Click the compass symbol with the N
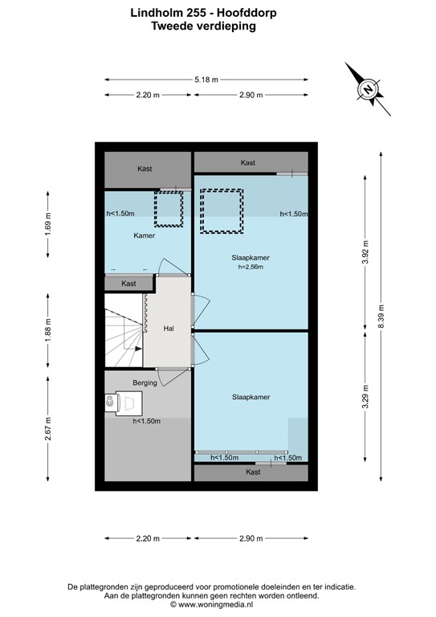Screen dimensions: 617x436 pos(368,89)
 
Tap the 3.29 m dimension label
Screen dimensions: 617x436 pos(365,399)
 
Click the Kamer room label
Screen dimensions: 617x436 pos(145,236)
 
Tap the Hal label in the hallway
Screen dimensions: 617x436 pos(169,329)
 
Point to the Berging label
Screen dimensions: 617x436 pos(145,383)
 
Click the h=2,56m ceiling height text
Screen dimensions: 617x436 pos(251,267)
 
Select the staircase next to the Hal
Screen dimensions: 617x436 pos(124,329)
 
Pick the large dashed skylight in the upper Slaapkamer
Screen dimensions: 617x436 pos(222,210)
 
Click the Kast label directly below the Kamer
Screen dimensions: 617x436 pos(128,284)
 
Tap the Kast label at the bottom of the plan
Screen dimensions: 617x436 pos(253,472)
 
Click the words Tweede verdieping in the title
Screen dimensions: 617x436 pos(203,26)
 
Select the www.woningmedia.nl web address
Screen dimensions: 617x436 pos(210,605)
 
